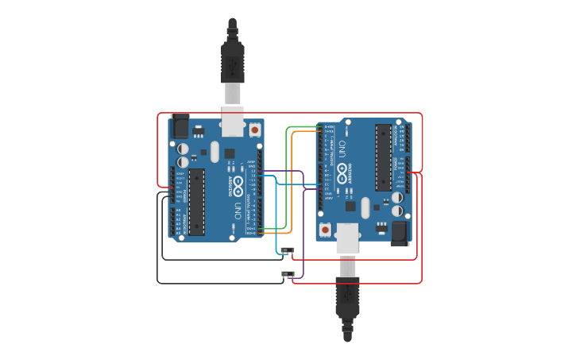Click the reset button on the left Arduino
click(x=254, y=129)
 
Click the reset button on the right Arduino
click(x=324, y=230)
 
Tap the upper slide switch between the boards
click(x=287, y=250)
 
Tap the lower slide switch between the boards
click(x=287, y=274)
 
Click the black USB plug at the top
click(x=232, y=60)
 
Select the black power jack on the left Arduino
click(x=180, y=126)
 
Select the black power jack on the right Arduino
click(x=397, y=232)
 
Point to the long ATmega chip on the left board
click(x=195, y=202)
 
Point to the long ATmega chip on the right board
click(x=383, y=157)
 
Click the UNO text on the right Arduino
click(x=342, y=148)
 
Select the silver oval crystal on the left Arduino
click(x=215, y=152)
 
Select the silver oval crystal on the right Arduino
click(x=365, y=207)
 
